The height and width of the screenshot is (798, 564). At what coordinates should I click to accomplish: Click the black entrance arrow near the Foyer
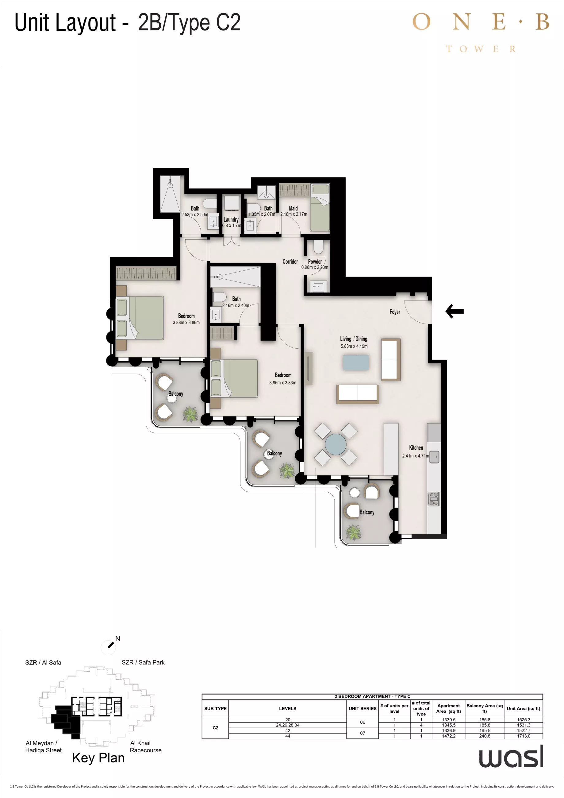(454, 311)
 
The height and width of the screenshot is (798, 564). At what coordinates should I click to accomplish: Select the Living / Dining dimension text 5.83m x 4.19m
(354, 346)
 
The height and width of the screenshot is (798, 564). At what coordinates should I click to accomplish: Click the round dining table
(336, 444)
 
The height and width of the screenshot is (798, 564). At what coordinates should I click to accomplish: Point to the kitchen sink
(434, 457)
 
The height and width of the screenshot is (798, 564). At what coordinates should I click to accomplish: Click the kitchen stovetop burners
(433, 499)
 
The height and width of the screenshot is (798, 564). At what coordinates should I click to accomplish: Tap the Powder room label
(315, 261)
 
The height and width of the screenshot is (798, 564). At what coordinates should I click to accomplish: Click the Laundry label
(231, 220)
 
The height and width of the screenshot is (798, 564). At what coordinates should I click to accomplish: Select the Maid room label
(293, 208)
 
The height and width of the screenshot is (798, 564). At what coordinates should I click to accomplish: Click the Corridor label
(290, 261)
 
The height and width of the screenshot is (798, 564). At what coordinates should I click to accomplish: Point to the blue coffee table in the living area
(356, 362)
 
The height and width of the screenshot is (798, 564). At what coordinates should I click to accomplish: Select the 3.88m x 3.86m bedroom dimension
(186, 323)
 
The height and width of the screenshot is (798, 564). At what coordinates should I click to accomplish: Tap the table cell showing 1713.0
(524, 736)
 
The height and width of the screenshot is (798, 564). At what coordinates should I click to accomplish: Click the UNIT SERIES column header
(362, 708)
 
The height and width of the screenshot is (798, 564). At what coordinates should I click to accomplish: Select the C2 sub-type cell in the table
(215, 727)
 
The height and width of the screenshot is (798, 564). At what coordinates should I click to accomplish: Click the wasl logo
(511, 757)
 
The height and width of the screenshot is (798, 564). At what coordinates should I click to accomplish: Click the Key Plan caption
(98, 758)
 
